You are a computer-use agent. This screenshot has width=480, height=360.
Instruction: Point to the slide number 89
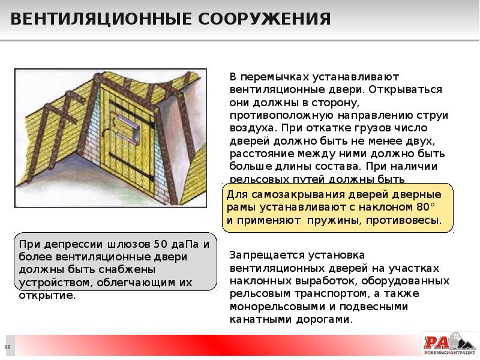[x=8, y=347]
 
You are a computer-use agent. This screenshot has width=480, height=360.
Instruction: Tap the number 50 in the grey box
[x=160, y=244]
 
